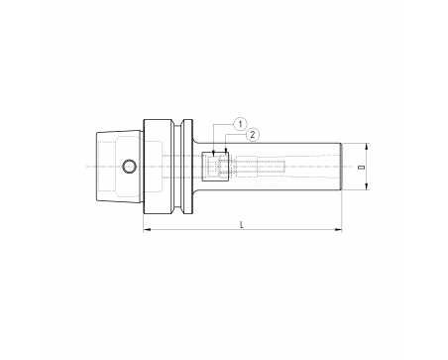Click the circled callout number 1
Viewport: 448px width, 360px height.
(240, 124)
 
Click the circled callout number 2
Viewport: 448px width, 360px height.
(253, 135)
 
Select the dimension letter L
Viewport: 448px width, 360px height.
(242, 225)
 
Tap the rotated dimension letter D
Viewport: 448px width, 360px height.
(363, 167)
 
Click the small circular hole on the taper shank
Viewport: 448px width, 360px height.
(129, 167)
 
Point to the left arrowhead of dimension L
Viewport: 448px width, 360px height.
(147, 229)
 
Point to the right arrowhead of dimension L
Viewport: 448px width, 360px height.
(338, 229)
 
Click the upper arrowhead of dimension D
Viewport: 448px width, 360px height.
(366, 147)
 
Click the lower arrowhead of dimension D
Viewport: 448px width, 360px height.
(366, 186)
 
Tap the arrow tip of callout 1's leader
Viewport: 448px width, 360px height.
(214, 155)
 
